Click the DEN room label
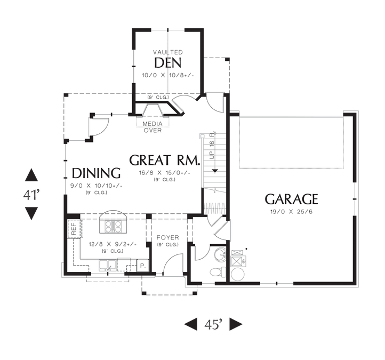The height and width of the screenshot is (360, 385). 167,62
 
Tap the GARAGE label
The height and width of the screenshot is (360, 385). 291,199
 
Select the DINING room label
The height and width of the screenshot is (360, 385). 96,173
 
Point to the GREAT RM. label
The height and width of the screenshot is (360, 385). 165,160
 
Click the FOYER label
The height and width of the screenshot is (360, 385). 167,237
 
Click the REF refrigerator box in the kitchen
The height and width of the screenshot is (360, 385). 74,229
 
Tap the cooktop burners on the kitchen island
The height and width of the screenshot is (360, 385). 113,227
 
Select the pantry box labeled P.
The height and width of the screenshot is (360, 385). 143,265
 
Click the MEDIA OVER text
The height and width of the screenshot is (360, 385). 153,127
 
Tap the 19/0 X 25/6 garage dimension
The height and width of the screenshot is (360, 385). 291,212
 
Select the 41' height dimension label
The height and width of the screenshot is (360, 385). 31,195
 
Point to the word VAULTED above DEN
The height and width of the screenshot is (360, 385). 168,52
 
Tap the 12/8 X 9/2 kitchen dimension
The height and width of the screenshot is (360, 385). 113,244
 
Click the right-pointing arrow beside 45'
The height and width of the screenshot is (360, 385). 236,324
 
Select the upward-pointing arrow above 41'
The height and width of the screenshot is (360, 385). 31,175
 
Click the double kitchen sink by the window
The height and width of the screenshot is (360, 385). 108,266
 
